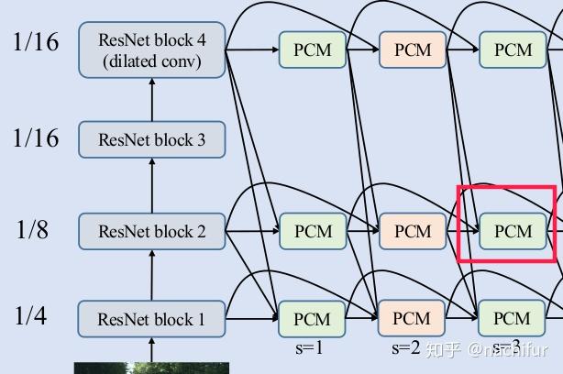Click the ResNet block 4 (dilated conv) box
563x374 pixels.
(152, 50)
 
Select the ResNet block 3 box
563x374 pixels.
(152, 140)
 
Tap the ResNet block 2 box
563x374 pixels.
(152, 231)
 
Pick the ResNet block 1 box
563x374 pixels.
(152, 320)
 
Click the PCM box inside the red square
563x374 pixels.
(513, 231)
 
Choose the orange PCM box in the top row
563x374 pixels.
(412, 49)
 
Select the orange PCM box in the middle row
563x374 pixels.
(412, 231)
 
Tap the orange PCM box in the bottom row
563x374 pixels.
(412, 319)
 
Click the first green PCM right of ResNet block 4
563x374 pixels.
(313, 49)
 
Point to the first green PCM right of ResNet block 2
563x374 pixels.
(313, 231)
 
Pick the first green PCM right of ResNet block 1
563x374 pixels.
(313, 319)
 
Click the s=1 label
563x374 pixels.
(308, 348)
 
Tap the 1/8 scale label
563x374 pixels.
(32, 229)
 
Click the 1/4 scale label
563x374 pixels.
(32, 316)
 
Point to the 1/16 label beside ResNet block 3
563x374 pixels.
(36, 138)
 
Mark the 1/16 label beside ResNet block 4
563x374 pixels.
(36, 41)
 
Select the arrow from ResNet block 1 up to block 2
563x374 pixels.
(152, 278)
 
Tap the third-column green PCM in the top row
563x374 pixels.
(513, 49)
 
